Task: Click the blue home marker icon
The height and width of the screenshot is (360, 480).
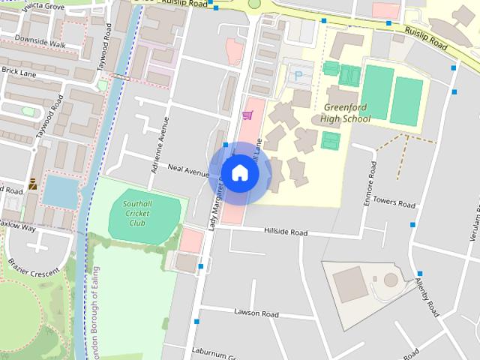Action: coord(239,172)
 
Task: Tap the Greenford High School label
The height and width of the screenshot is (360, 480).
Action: coord(345,113)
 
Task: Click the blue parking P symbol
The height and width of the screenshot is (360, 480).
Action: coord(299,75)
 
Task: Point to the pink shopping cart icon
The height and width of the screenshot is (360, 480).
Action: coord(247,115)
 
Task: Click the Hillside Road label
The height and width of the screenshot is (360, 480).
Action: coord(286,232)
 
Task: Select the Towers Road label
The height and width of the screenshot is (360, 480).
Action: coord(394,203)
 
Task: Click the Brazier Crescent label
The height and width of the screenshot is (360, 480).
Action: coord(33,268)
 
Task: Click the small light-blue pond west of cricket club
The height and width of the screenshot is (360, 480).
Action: coord(60,191)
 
